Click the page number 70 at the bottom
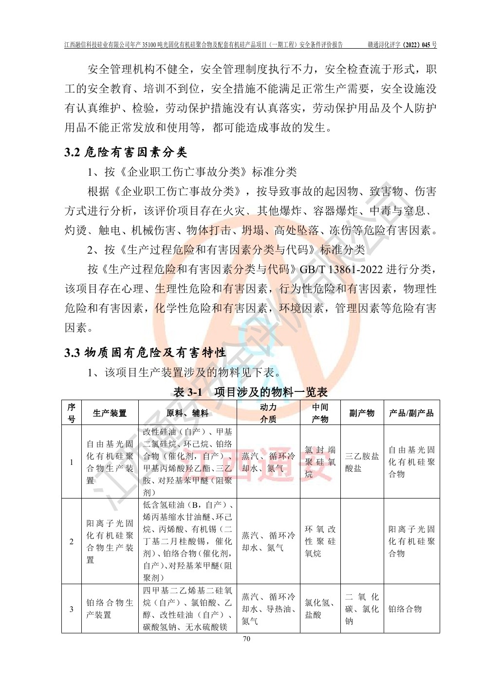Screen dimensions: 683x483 246,639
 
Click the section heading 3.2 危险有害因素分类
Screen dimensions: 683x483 126,152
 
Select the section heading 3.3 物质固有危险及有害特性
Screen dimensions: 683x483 145,352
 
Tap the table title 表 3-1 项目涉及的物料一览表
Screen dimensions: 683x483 250,392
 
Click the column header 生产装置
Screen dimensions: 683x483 110,413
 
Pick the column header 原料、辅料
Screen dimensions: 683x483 187,413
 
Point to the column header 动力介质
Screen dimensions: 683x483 268,413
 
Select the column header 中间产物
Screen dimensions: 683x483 320,413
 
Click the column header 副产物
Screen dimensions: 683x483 362,413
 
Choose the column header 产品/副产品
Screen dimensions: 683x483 411,413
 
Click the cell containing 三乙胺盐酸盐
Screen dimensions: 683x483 362,462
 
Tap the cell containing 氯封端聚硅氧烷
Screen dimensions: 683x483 320,462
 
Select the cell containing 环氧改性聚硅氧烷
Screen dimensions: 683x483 320,541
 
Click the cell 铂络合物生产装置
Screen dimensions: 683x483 110,609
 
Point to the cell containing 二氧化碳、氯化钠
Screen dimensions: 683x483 362,609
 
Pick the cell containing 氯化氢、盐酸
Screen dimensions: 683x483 320,609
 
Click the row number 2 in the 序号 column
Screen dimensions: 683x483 72,541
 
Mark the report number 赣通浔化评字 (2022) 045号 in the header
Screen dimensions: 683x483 402,45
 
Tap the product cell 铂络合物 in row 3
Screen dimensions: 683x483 405,609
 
